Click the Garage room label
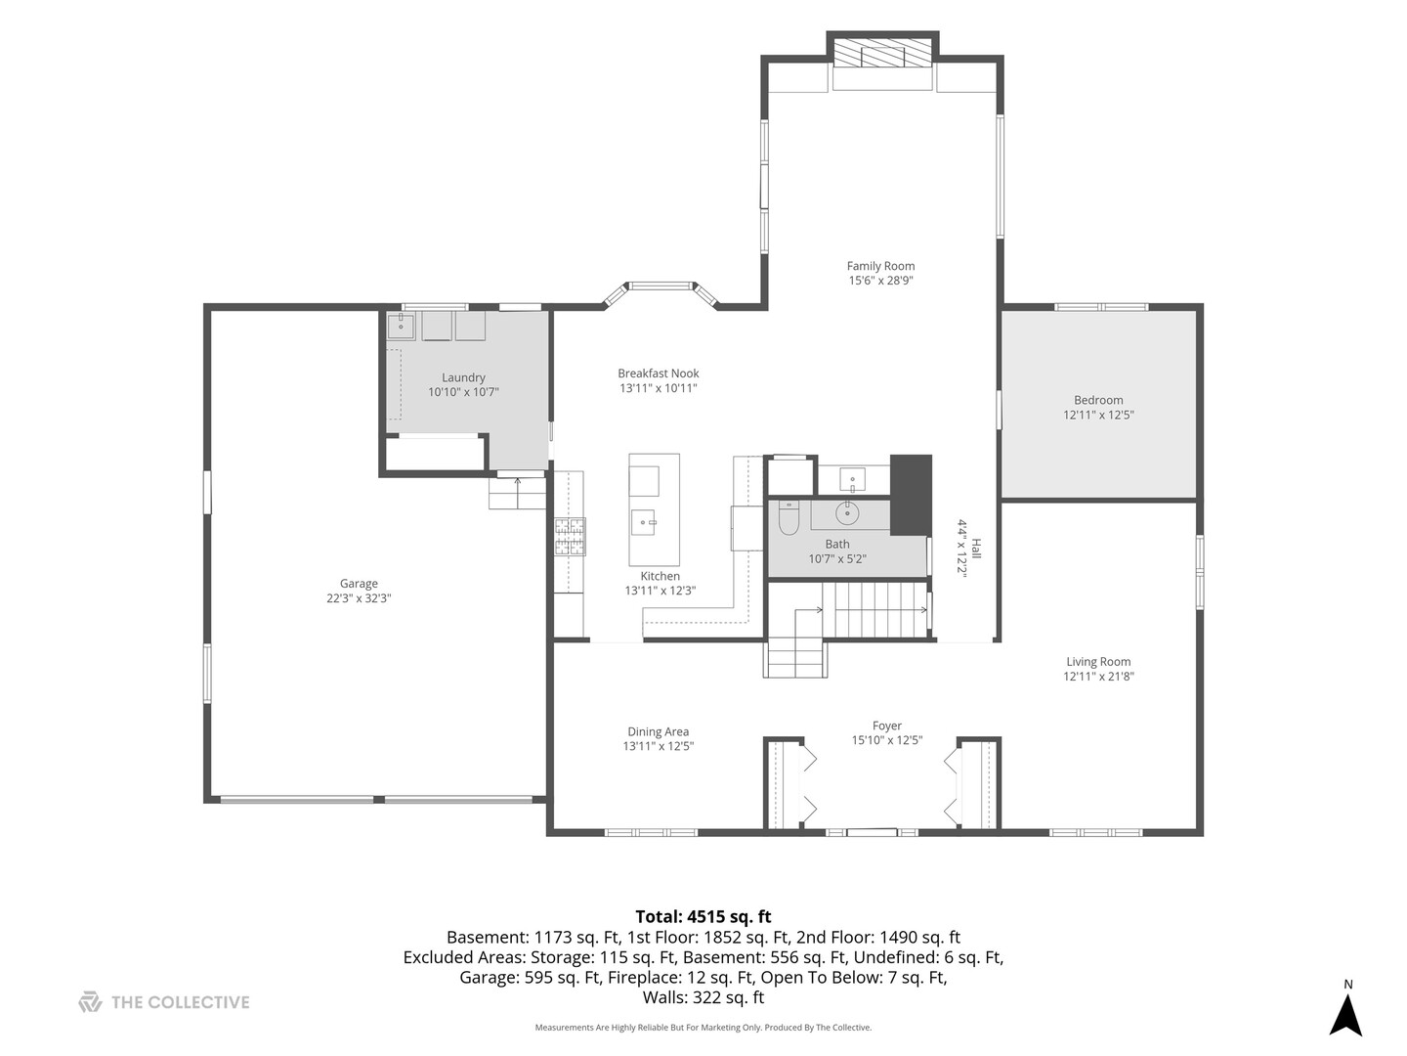(x=359, y=584)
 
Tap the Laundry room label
(x=463, y=377)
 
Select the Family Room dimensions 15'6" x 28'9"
(x=880, y=281)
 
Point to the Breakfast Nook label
(x=658, y=374)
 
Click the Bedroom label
(x=1098, y=400)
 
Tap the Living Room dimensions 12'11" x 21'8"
(x=1098, y=676)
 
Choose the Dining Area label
(x=658, y=731)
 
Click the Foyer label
(x=886, y=726)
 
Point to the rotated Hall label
(x=975, y=549)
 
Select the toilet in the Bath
(x=788, y=518)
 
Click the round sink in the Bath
(x=847, y=513)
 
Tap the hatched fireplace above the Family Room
(x=882, y=52)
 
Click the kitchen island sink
(x=644, y=522)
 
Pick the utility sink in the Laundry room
(x=401, y=326)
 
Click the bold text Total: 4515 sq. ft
(x=703, y=916)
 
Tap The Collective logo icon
(x=90, y=1001)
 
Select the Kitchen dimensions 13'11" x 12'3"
(x=660, y=591)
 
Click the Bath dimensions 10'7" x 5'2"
(x=837, y=558)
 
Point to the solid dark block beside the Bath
(x=911, y=495)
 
